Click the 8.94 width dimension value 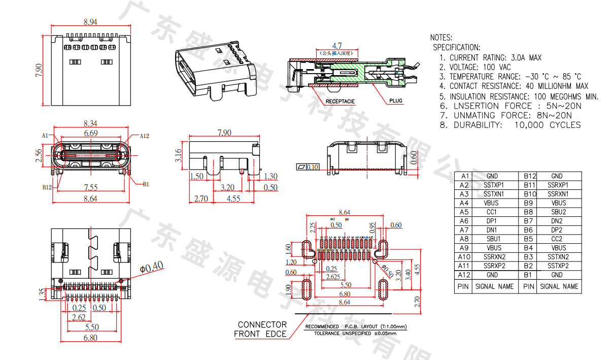point(90,22)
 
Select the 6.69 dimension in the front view point(91,133)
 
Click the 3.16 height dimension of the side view point(178,155)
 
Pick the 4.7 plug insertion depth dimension point(336,46)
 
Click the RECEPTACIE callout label point(340,102)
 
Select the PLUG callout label point(396,101)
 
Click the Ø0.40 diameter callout point(151,266)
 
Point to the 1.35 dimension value point(42,295)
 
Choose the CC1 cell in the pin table point(492,212)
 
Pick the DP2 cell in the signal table point(557,230)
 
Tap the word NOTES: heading point(441,38)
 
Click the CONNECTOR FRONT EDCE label point(262,329)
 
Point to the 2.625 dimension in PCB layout point(332,277)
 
